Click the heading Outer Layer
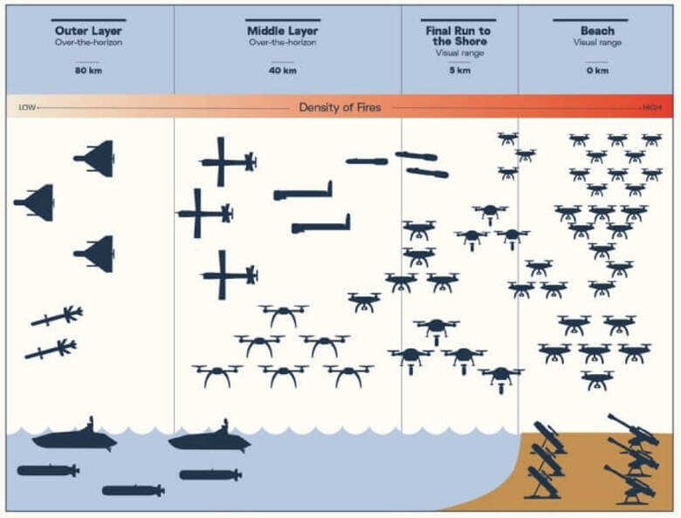pyautogui.click(x=88, y=31)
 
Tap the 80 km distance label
pyautogui.click(x=88, y=71)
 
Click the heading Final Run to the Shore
pyautogui.click(x=458, y=36)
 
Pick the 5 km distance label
pyautogui.click(x=458, y=71)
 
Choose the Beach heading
pyautogui.click(x=597, y=31)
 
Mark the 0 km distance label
pyautogui.click(x=597, y=71)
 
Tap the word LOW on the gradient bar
pyautogui.click(x=27, y=107)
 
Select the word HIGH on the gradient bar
pyautogui.click(x=652, y=107)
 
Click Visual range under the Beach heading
pyautogui.click(x=597, y=42)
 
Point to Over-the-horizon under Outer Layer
pyautogui.click(x=88, y=42)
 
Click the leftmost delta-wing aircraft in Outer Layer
pyautogui.click(x=35, y=203)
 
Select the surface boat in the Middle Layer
pyautogui.click(x=210, y=440)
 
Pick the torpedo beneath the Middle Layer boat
pyautogui.click(x=210, y=474)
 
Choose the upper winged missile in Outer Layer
pyautogui.click(x=58, y=317)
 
